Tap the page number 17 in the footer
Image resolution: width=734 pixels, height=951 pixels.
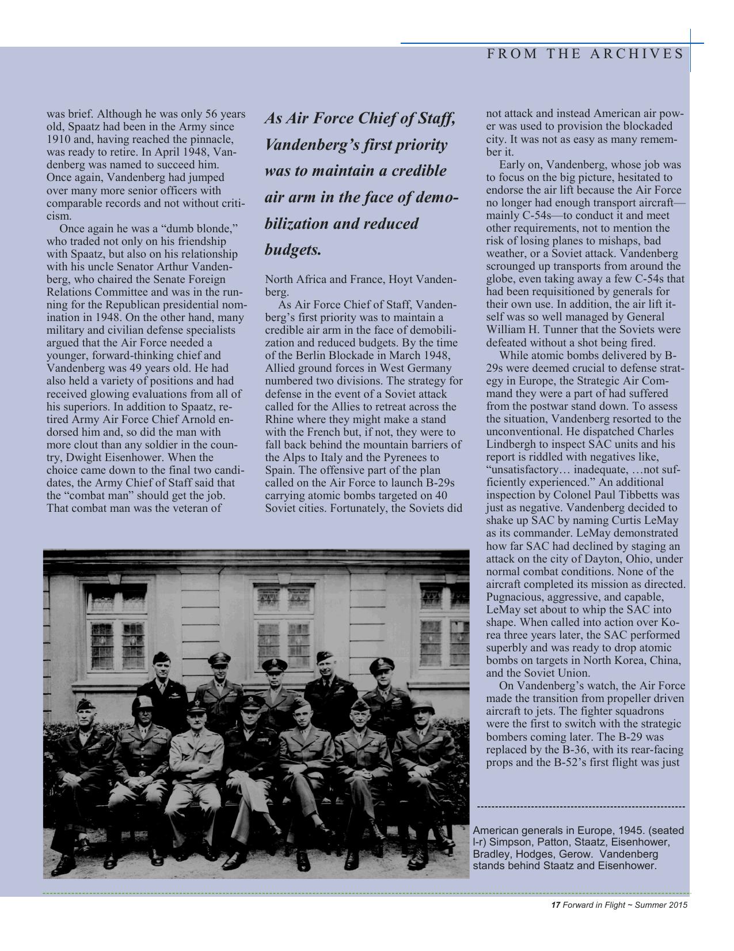click(x=556, y=905)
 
